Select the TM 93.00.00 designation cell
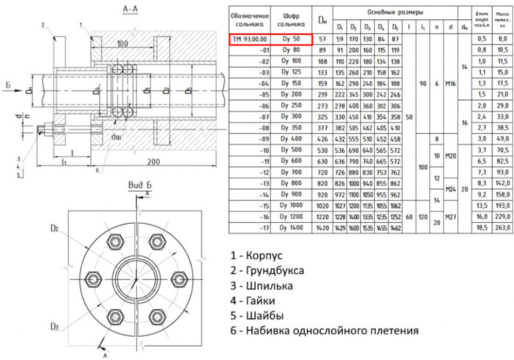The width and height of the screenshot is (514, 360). pyautogui.click(x=250, y=38)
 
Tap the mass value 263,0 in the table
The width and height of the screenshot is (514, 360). pyautogui.click(x=502, y=270)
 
